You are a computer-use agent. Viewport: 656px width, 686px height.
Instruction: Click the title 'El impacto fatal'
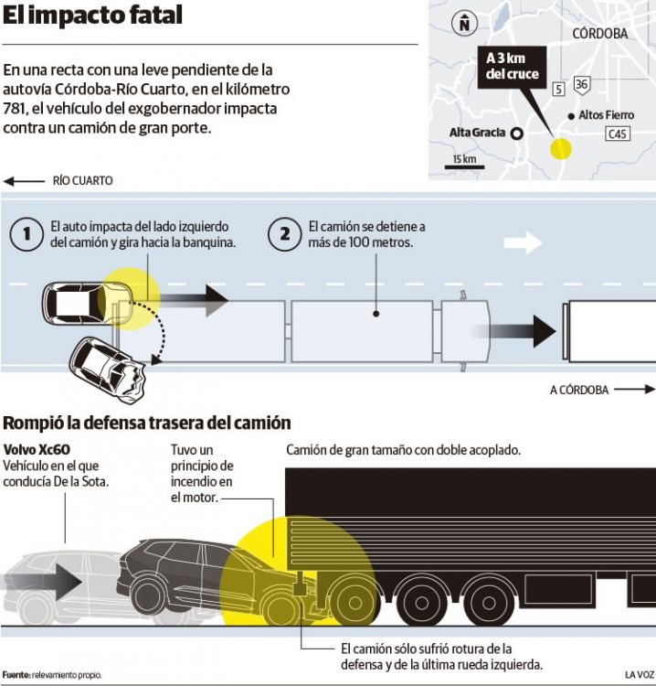[93, 16]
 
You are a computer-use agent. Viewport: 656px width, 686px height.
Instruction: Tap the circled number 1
[27, 234]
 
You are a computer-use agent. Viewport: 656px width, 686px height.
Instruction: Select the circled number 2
[285, 234]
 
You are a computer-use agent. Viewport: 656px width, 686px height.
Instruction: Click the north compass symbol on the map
[465, 25]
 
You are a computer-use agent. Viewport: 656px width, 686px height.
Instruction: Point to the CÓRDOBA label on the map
[599, 33]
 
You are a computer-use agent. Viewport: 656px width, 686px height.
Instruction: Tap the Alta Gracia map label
[477, 133]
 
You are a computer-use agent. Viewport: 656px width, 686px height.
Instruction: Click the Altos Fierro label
[606, 115]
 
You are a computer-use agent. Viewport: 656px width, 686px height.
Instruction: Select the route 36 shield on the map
[582, 85]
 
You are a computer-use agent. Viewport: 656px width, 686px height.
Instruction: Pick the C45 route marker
[619, 134]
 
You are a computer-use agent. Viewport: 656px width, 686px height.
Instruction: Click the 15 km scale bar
[464, 161]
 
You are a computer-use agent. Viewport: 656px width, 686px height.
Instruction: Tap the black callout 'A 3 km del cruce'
[513, 67]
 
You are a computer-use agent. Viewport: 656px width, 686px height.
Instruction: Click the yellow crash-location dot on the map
[559, 147]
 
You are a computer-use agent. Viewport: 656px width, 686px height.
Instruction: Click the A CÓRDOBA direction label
[579, 390]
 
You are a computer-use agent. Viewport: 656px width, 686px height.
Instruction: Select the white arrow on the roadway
[523, 242]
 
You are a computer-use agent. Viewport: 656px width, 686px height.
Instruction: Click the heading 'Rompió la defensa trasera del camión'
[147, 423]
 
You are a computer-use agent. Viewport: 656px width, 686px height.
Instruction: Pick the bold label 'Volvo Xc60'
[37, 450]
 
